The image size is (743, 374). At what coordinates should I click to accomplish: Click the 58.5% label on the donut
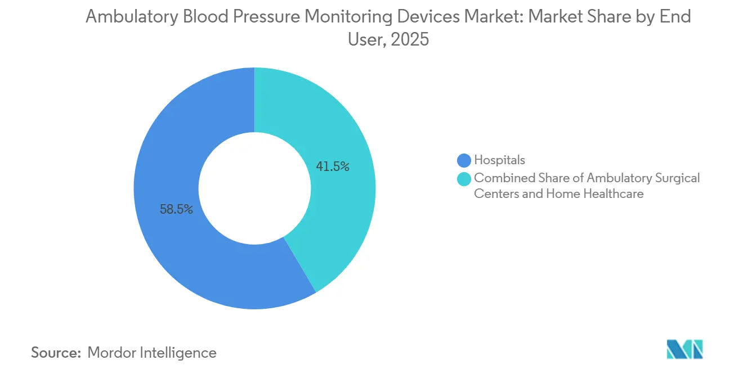point(176,210)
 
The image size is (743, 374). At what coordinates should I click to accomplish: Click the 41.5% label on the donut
point(333,166)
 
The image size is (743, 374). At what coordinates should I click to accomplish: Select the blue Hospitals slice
point(169,253)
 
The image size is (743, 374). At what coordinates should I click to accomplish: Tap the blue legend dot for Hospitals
point(464,160)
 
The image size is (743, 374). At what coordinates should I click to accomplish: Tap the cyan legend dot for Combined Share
point(464,178)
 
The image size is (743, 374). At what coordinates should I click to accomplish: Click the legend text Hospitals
point(499,160)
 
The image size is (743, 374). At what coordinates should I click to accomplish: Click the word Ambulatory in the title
point(132,17)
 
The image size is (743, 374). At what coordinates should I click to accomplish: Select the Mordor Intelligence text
point(152,353)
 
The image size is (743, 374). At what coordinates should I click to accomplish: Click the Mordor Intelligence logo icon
point(684,350)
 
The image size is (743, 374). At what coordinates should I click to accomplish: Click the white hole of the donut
point(254,188)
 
